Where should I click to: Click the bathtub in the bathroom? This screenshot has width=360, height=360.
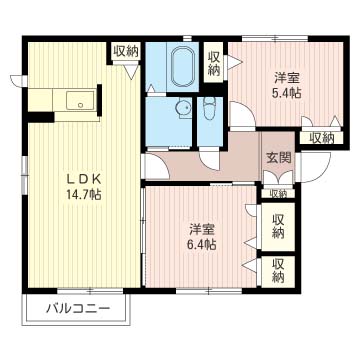[x=183, y=66]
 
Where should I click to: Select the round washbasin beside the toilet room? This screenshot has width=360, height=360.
[x=182, y=111]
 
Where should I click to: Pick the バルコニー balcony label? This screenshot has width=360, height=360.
[x=76, y=309]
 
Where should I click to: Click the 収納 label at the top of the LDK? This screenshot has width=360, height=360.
[x=126, y=51]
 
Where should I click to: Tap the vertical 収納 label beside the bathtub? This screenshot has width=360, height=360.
[x=214, y=63]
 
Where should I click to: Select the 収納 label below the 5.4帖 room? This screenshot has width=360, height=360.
[x=321, y=138]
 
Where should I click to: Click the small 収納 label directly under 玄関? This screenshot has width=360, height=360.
[x=277, y=193]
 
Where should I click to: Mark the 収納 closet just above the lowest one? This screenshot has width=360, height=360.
[x=278, y=227]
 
